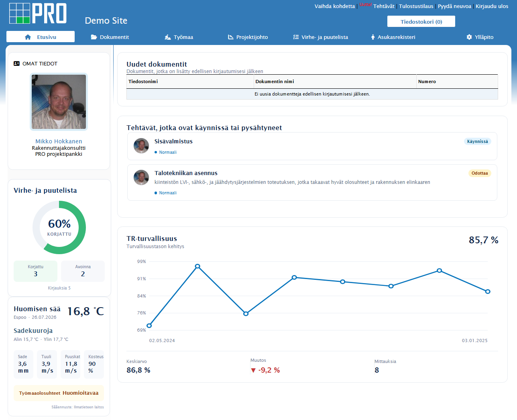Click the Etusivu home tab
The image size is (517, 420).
click(x=41, y=37)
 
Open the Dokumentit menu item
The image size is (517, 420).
click(x=110, y=37)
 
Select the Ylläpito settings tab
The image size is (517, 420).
click(x=480, y=37)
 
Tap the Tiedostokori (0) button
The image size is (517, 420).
click(x=421, y=22)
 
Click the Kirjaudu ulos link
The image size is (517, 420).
click(x=492, y=6)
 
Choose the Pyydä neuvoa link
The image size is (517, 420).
click(x=454, y=6)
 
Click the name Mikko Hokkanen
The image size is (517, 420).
click(x=59, y=141)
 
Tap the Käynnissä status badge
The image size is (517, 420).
click(x=477, y=141)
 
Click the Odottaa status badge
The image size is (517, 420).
click(x=480, y=173)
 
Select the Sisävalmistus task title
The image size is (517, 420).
click(x=173, y=141)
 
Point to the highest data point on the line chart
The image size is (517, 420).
click(x=197, y=266)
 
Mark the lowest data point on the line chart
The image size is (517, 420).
click(x=149, y=326)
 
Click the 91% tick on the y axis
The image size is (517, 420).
click(x=142, y=279)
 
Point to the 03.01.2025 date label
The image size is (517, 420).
click(x=474, y=340)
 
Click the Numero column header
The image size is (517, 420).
click(x=427, y=82)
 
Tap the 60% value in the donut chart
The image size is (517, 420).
click(x=59, y=224)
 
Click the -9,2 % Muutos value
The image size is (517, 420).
click(x=265, y=370)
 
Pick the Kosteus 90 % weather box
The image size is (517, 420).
click(x=94, y=365)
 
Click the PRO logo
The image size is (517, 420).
click(x=38, y=13)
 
